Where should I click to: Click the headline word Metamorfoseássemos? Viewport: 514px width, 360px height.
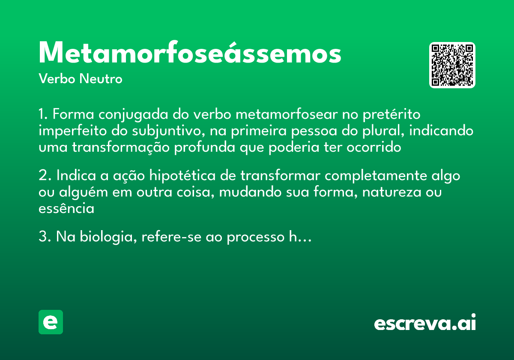coord(190,54)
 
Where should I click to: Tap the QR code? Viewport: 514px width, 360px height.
coord(452,65)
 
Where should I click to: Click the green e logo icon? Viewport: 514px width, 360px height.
coord(51,322)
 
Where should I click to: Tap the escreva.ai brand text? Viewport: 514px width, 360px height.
coord(425,323)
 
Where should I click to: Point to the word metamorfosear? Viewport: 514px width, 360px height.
coord(284,115)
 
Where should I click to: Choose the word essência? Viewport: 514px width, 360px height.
coord(66,209)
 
